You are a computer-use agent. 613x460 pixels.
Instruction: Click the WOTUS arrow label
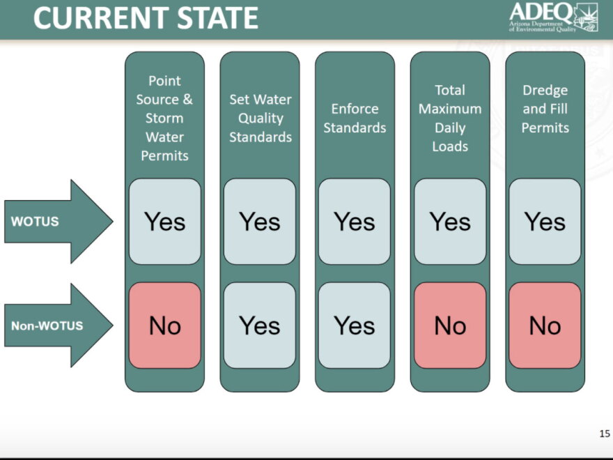35,222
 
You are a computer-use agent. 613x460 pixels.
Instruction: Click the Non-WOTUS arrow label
47,325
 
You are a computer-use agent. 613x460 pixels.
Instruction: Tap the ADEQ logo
553,17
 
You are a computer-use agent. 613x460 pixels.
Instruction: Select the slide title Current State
146,18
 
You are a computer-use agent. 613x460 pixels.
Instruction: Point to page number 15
605,434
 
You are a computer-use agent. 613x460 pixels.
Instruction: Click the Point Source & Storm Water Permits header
164,118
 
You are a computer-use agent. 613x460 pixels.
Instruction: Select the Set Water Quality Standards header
261,118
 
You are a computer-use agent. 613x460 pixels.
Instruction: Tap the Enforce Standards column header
355,118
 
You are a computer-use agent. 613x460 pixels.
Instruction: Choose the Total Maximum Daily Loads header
450,118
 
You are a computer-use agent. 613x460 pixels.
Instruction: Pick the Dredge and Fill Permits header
545,109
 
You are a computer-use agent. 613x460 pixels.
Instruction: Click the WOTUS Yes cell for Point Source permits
164,222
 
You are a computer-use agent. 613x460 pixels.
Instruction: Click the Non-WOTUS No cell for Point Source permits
164,325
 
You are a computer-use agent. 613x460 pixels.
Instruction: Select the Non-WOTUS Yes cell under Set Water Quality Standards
260,325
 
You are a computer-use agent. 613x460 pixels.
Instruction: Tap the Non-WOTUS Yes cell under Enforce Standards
354,325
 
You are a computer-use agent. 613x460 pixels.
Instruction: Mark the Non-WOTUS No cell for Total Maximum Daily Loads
450,325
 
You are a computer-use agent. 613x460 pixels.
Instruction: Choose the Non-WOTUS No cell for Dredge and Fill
545,325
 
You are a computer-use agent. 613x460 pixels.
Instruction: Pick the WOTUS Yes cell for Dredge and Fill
545,222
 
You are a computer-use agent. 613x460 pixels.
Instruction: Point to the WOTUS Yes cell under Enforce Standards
354,222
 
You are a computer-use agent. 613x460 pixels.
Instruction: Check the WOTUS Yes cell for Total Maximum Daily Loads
450,222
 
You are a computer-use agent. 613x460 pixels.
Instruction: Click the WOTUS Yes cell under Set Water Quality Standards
260,222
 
